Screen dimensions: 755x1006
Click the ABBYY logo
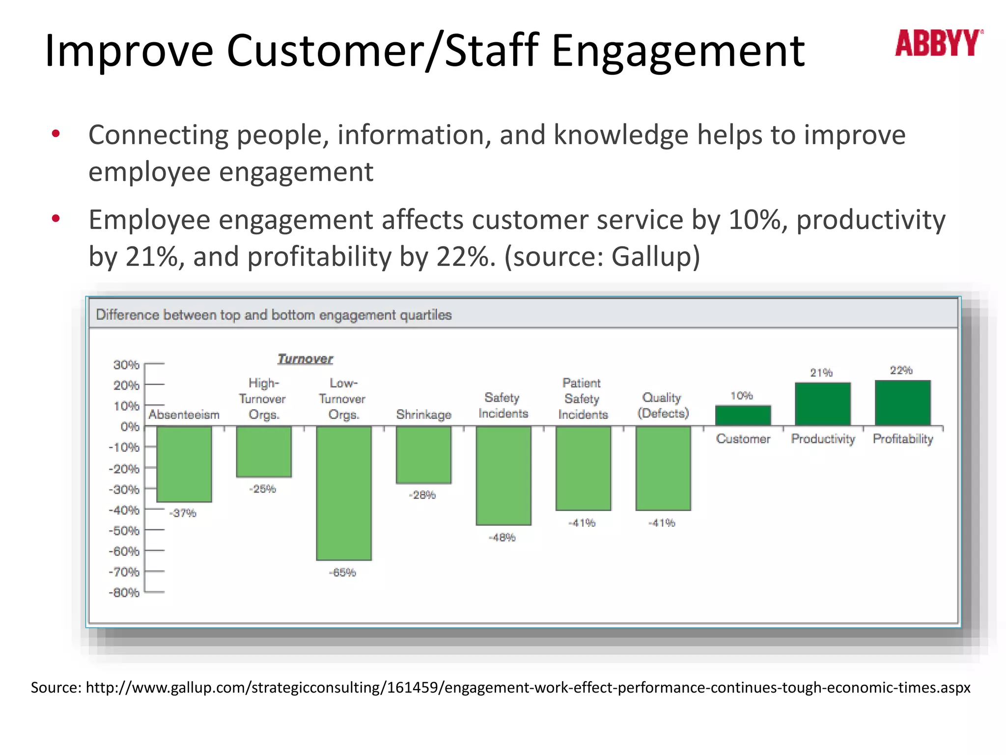point(938,43)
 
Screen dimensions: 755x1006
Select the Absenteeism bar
point(184,464)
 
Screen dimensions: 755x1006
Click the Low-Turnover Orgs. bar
point(344,493)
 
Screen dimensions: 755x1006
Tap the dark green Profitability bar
point(903,403)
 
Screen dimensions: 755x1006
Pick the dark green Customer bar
point(743,415)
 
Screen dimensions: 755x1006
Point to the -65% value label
point(342,573)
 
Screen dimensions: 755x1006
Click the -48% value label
point(502,538)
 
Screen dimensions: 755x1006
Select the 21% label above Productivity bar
point(821,373)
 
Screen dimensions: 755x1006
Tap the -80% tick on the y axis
point(125,593)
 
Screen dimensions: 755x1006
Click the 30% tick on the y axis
point(127,365)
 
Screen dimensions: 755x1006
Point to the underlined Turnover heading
point(305,359)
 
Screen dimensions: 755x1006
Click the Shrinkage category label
point(423,414)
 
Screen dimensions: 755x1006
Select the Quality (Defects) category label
point(663,405)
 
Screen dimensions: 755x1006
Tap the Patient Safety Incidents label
point(583,399)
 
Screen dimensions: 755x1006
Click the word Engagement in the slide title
point(678,51)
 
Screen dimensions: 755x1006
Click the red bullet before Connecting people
point(56,134)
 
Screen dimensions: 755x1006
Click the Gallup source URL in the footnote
point(528,687)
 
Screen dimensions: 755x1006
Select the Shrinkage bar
point(423,454)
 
